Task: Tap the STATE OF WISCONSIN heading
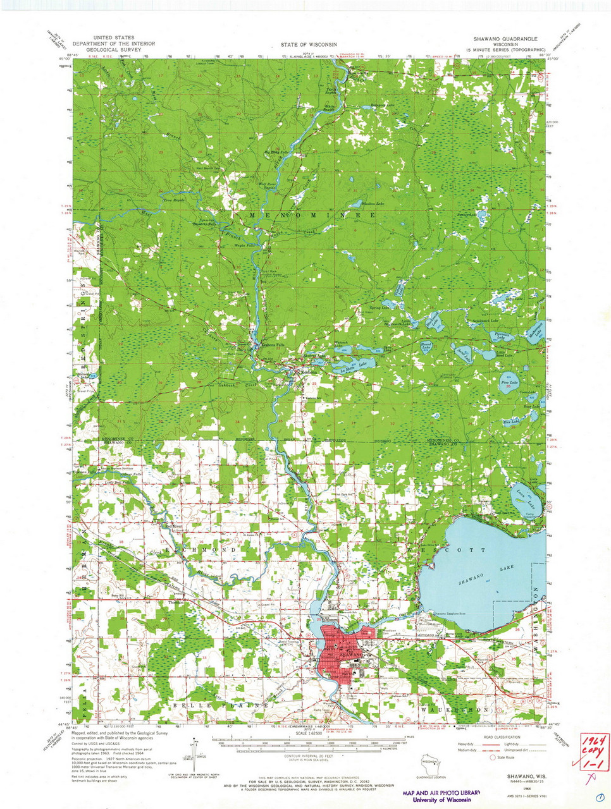(309, 45)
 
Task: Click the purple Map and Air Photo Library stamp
(441, 796)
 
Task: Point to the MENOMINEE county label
(312, 215)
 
